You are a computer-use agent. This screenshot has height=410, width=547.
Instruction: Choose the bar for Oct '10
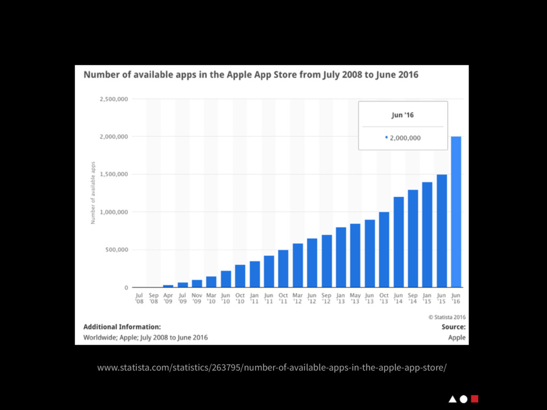[x=240, y=276]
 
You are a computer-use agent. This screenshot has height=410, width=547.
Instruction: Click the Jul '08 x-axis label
[x=139, y=298]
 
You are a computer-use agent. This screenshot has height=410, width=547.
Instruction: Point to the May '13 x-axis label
[x=355, y=298]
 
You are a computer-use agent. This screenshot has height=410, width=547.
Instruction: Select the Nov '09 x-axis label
[x=197, y=298]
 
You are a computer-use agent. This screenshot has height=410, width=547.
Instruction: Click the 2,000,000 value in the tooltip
[x=405, y=138]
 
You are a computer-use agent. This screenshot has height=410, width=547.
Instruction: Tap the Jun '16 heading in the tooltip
[x=403, y=114]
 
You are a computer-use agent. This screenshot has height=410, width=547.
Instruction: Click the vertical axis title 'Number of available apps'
[x=93, y=193]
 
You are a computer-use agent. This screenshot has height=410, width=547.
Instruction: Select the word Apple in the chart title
[x=245, y=75]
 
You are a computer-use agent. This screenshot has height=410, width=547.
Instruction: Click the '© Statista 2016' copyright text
[x=447, y=317]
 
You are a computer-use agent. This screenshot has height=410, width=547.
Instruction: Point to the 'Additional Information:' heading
[x=122, y=327]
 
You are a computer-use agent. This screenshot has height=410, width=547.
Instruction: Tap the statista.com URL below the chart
[x=271, y=368]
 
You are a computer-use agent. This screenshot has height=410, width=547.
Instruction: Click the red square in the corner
[x=475, y=399]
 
